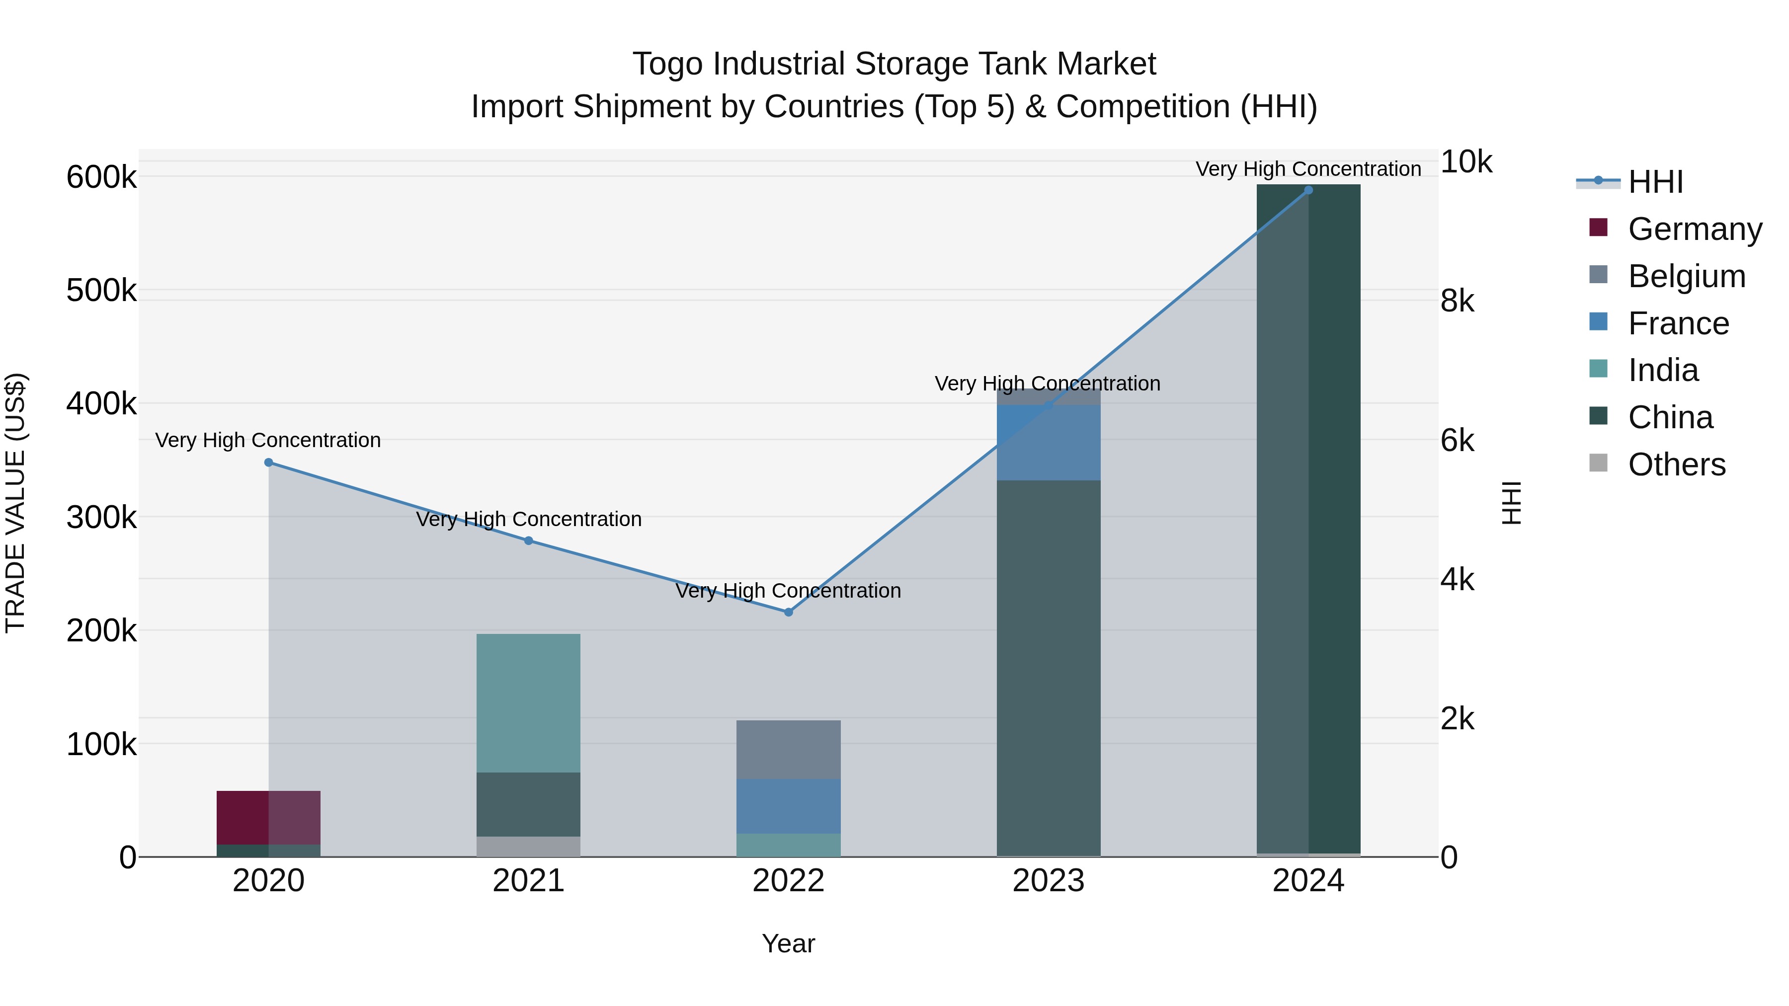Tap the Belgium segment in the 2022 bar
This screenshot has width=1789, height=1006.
788,749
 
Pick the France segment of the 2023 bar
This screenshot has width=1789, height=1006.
1048,442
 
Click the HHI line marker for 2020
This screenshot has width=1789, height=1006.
269,463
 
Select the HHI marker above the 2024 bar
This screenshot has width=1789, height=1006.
1308,190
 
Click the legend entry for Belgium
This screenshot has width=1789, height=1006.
1686,276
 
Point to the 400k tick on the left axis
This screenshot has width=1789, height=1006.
101,403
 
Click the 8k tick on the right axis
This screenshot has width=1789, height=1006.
1458,302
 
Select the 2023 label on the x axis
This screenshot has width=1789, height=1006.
1048,881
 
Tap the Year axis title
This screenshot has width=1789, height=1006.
788,943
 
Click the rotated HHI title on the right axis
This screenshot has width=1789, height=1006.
1511,503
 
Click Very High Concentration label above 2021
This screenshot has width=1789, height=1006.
529,519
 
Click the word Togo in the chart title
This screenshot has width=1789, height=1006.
667,64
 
